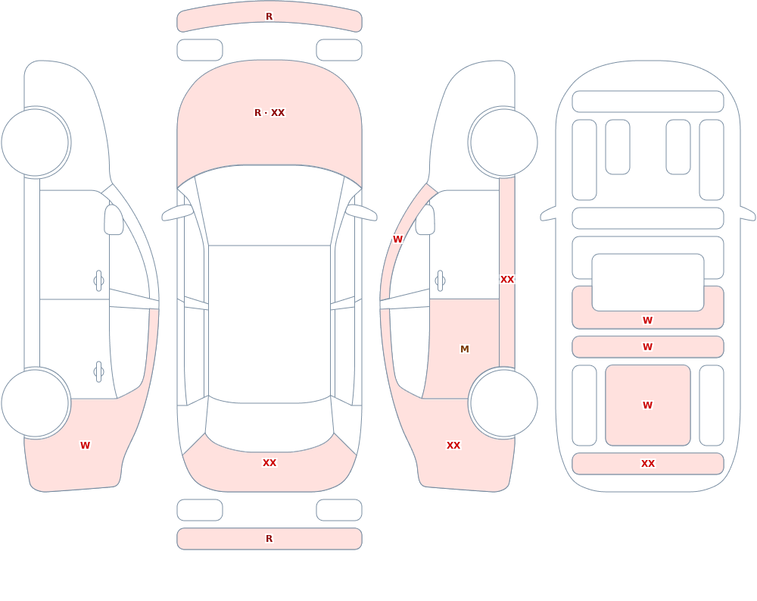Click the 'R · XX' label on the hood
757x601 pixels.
pyautogui.click(x=269, y=113)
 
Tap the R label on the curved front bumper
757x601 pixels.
pyautogui.click(x=269, y=17)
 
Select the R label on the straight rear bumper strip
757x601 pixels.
pyautogui.click(x=269, y=539)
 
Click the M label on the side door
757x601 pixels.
pyautogui.click(x=465, y=349)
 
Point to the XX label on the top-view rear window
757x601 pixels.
pyautogui.click(x=269, y=463)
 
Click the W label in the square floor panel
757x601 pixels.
pyautogui.click(x=648, y=405)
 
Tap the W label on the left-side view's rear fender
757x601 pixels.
pyautogui.click(x=85, y=446)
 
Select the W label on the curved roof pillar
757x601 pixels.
pyautogui.click(x=397, y=239)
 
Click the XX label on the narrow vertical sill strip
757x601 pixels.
pyautogui.click(x=507, y=280)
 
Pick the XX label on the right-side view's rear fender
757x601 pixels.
pyautogui.click(x=453, y=446)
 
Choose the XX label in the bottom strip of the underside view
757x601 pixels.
pyautogui.click(x=648, y=464)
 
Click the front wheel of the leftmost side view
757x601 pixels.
pyautogui.click(x=36, y=142)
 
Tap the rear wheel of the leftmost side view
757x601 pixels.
pyautogui.click(x=36, y=402)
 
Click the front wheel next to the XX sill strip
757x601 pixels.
pyautogui.click(x=503, y=142)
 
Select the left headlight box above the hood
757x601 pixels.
pyautogui.click(x=200, y=50)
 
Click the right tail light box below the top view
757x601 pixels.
pyautogui.click(x=339, y=510)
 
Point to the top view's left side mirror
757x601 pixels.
pyautogui.click(x=177, y=213)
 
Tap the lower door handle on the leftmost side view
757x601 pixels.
pyautogui.click(x=99, y=372)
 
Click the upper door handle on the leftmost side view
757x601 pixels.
pyautogui.click(x=99, y=281)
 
